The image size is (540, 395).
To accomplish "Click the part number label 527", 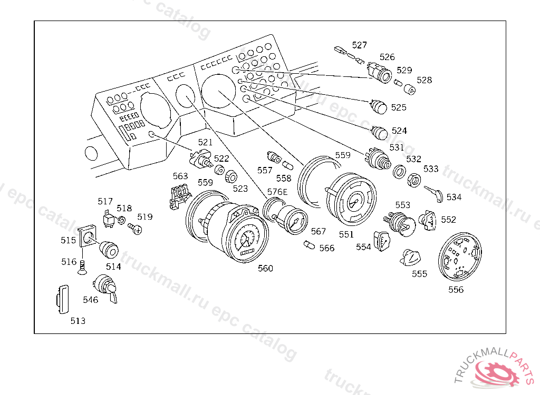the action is pos(359,45).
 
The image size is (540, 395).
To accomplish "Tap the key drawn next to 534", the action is pos(433,194).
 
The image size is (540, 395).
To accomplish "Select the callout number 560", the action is pos(265,269).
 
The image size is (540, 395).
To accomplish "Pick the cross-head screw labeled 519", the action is pos(135,229).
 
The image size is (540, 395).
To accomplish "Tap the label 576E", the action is pos(277,192).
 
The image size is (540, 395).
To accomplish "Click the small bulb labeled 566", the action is pos(309,245).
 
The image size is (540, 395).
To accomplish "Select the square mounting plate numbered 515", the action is pos(87,236).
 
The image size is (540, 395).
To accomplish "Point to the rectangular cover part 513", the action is pos(62,299).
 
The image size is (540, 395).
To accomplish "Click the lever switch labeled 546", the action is pos(105,288).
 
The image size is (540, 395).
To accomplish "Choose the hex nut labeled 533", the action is pos(413,180).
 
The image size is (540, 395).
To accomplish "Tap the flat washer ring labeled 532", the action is pos(399,172).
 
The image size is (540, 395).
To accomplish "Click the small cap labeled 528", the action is pos(409,89).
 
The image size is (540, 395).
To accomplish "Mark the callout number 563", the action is pos(180,176).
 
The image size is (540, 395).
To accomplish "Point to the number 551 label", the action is pos(346,234).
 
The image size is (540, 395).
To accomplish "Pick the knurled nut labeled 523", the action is pos(231,177).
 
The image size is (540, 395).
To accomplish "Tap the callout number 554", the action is pos(363,247).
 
